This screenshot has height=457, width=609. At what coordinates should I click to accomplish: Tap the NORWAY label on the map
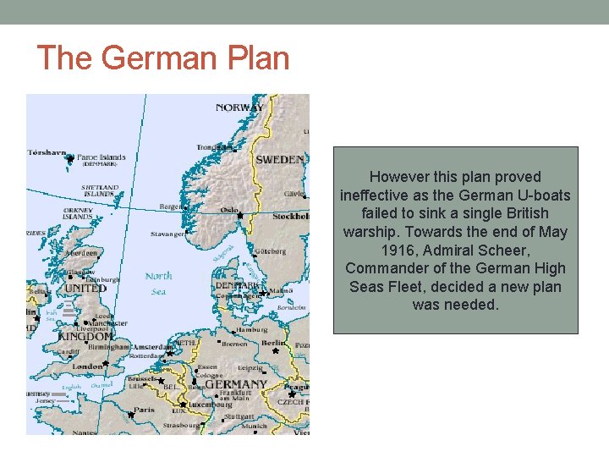tap(239, 107)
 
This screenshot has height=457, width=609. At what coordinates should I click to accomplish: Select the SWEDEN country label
tap(280, 159)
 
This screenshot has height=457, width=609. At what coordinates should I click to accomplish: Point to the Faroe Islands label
tap(101, 157)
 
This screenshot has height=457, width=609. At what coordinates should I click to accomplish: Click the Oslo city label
tap(228, 210)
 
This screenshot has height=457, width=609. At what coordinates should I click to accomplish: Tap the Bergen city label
tap(170, 206)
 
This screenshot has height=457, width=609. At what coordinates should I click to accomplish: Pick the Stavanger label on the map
tap(167, 234)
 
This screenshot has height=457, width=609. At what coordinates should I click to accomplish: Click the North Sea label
tap(159, 283)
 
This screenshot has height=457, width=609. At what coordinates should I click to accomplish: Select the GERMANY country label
tap(237, 384)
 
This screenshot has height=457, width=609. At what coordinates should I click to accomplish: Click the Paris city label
tap(144, 410)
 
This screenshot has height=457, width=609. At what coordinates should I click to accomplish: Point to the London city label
tap(88, 366)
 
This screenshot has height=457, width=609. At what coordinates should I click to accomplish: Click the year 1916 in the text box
tap(398, 251)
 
